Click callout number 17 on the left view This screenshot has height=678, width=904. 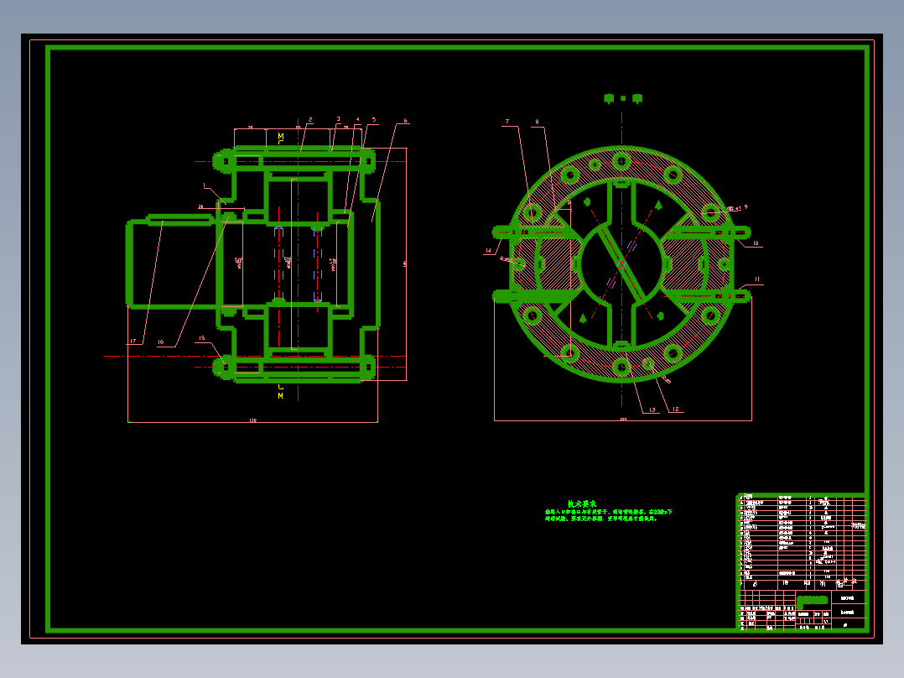coord(132,342)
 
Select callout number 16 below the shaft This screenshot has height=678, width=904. coord(161,342)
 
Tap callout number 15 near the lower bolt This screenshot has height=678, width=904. coord(201,338)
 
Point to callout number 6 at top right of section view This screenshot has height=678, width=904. coord(406,121)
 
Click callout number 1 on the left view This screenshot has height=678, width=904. coord(204,185)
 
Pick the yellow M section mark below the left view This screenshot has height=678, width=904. coord(281,395)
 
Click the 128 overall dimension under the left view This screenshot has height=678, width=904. coord(252,420)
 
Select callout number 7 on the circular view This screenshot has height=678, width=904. coord(507,122)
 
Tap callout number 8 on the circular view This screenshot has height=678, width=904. coord(537,122)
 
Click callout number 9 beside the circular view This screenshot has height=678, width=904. coord(746,206)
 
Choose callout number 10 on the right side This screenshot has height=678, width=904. coord(756,243)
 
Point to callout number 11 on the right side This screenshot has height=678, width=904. coord(757,279)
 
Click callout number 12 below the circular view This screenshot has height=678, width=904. coord(676,409)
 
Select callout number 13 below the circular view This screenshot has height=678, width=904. coord(652,409)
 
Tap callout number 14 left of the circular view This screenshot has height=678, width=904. coord(488,250)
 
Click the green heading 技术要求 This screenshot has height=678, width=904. coord(581,503)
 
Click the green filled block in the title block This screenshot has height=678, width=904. coord(812,600)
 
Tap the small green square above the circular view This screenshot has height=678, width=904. coord(623,98)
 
